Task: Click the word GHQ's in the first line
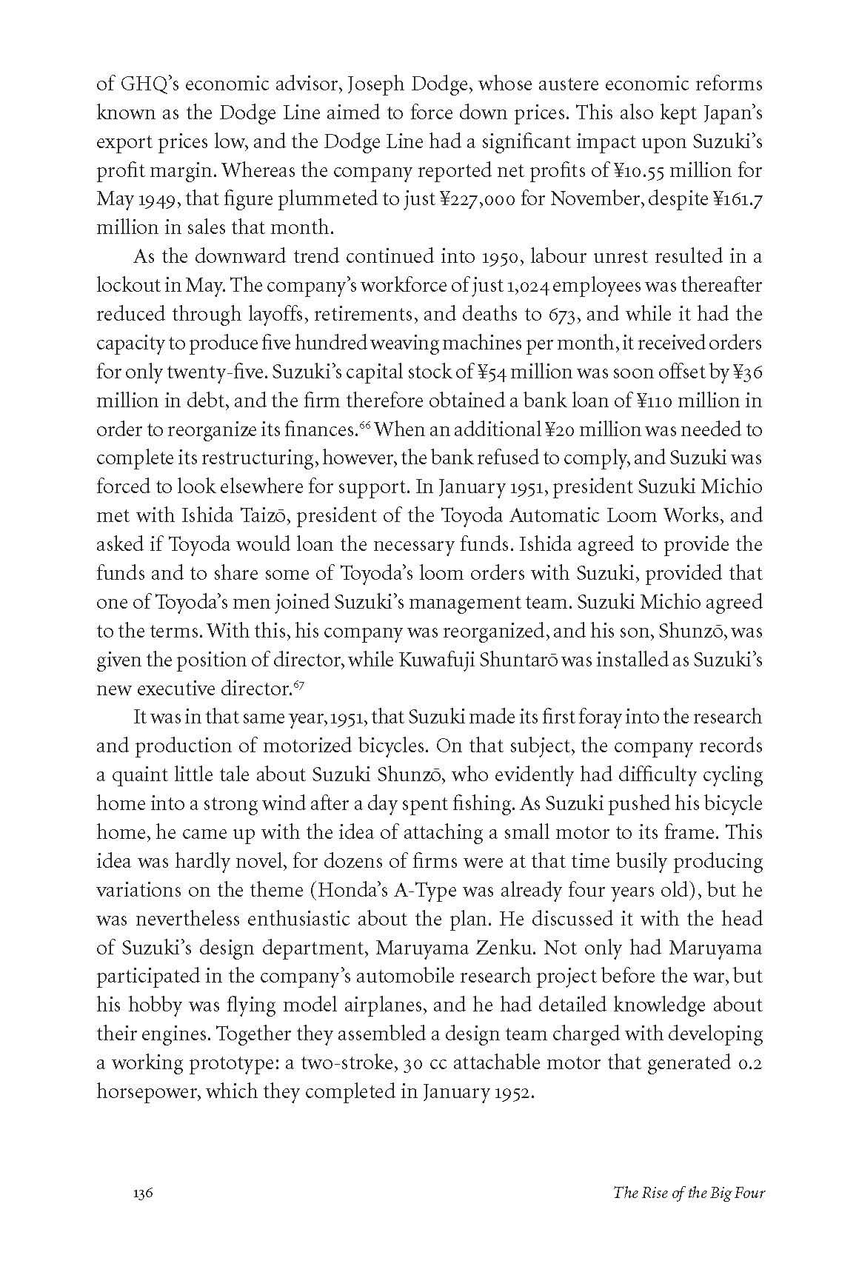142,84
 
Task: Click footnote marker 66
364,424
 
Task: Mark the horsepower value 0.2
750,1063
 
